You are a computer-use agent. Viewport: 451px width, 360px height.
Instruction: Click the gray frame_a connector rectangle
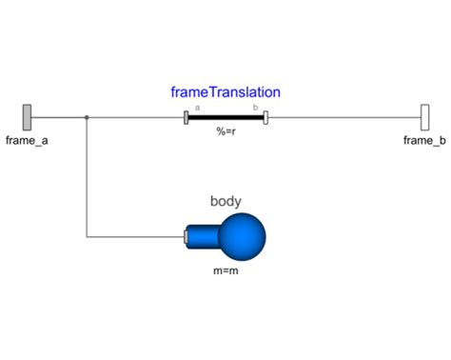[28, 117]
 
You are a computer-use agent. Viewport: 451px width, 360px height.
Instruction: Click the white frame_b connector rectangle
[424, 117]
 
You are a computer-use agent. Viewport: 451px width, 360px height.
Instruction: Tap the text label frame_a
[28, 141]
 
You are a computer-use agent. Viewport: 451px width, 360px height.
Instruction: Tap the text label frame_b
[423, 141]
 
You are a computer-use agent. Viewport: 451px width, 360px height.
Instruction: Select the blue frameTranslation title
[225, 92]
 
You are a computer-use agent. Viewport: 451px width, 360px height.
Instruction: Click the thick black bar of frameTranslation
[225, 118]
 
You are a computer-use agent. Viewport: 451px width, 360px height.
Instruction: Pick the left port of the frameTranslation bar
[186, 118]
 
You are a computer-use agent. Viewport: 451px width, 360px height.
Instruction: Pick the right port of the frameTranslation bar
[266, 118]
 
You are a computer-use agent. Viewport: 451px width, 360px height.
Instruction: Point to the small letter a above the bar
[197, 108]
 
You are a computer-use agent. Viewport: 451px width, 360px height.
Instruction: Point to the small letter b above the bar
[255, 108]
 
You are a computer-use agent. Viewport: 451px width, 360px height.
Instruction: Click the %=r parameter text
[225, 132]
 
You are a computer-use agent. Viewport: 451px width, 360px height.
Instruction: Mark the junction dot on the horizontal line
[87, 118]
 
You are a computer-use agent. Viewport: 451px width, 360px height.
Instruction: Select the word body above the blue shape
[225, 201]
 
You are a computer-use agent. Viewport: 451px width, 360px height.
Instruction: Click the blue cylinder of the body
[203, 235]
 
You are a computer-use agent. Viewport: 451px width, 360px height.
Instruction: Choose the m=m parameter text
[225, 270]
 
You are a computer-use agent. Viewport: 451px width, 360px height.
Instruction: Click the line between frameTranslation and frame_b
[343, 118]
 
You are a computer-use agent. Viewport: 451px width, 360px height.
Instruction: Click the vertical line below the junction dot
[87, 181]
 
